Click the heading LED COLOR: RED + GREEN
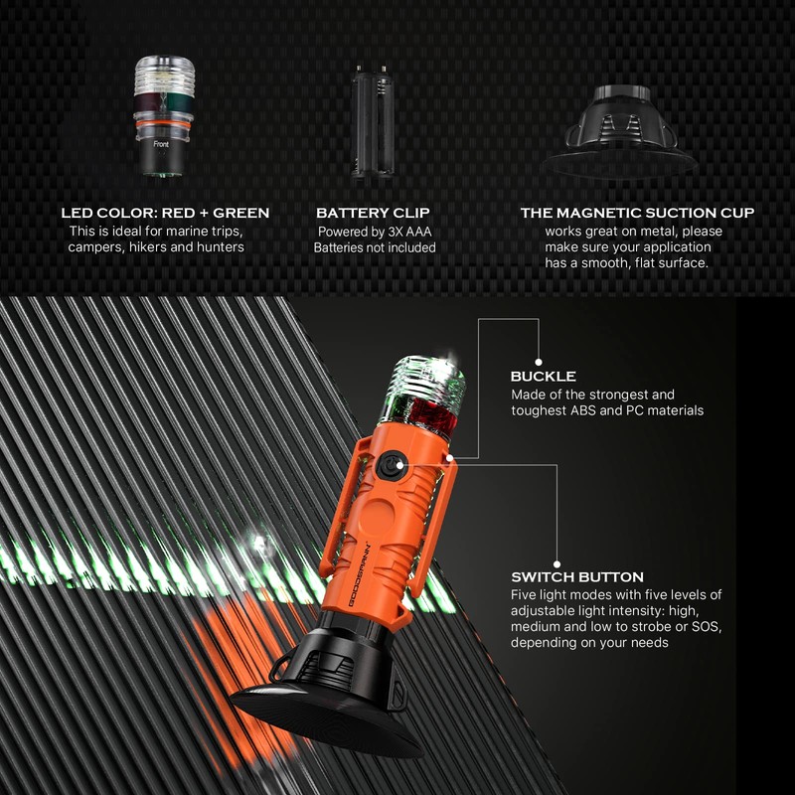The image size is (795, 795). [x=165, y=213]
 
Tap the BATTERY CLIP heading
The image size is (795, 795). [x=375, y=213]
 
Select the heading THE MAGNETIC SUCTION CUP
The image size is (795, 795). [x=637, y=213]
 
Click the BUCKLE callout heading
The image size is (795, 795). [x=543, y=378]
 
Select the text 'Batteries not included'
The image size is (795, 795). [x=375, y=247]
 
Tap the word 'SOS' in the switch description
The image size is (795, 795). [x=653, y=627]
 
